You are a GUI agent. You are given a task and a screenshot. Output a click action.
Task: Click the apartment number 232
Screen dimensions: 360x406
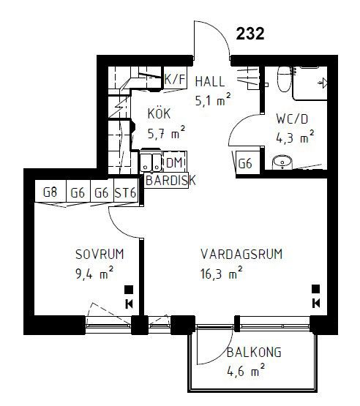pos(250,34)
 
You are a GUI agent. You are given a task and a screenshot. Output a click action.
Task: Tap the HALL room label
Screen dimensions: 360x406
pos(210,81)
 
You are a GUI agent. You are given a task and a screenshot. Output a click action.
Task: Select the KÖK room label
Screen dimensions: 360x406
pos(160,113)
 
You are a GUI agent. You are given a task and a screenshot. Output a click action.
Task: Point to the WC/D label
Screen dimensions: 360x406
pos(292,119)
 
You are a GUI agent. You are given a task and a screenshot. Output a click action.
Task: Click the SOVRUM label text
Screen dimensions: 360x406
pos(100,254)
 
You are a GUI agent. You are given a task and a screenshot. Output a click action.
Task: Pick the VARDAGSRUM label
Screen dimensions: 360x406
pos(241,254)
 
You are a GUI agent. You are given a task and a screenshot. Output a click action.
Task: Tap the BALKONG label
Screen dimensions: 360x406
pos(254,352)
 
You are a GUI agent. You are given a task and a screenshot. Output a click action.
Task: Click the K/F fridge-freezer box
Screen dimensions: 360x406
pos(175,78)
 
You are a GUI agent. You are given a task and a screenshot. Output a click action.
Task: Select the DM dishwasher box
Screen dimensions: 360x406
pos(174,163)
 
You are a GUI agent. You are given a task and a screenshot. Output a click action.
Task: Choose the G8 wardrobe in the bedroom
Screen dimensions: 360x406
pos(50,192)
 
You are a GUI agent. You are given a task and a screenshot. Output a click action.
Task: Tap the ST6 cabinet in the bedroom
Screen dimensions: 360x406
pos(126,192)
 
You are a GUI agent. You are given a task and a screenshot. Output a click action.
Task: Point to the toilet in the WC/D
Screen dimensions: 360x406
pos(285,79)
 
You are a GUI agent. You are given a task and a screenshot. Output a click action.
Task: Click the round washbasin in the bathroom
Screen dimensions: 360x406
pos(282,162)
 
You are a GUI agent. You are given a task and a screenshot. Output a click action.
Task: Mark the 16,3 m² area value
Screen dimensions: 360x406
pos(222,274)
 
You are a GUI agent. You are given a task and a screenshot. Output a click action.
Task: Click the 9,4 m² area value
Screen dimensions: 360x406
pos(94,274)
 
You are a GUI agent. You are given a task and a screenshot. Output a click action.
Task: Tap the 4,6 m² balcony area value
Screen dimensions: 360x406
pos(246,371)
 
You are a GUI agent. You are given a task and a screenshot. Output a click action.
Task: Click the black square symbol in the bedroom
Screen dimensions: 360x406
pos(129,290)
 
